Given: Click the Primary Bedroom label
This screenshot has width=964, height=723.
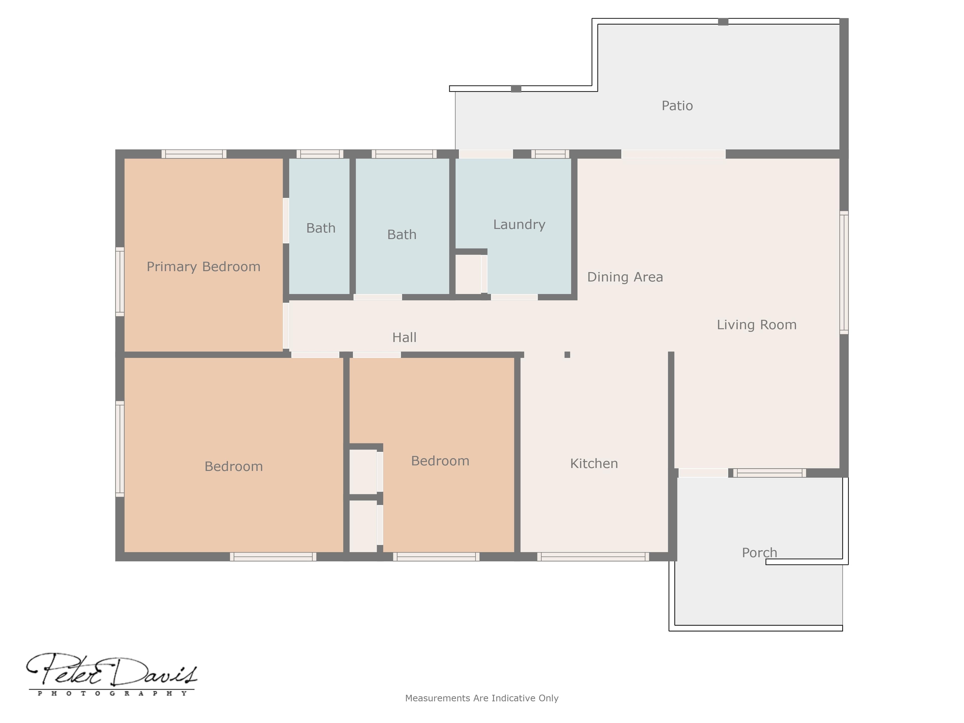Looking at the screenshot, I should [x=204, y=266].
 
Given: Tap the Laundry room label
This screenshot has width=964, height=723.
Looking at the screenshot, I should [x=519, y=224].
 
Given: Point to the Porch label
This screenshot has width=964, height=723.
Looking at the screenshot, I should [x=759, y=553].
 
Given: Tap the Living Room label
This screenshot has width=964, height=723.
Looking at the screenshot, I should [x=757, y=325].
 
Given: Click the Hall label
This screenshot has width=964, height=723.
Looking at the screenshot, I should [x=404, y=337].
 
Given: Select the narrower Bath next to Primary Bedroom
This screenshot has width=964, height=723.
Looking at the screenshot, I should [x=321, y=228].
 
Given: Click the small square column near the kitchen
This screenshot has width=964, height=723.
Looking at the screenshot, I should [x=567, y=355].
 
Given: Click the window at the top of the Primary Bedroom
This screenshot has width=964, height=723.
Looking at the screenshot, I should [x=194, y=154].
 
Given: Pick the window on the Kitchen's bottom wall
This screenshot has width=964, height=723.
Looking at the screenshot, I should [x=593, y=557].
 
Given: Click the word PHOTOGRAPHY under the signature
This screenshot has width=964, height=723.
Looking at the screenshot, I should [x=112, y=693].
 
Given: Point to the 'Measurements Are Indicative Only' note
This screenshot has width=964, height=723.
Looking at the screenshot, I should [x=481, y=698].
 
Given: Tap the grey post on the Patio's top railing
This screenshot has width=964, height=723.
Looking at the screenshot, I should [x=723, y=22].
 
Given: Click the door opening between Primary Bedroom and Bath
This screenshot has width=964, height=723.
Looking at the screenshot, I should [x=286, y=220].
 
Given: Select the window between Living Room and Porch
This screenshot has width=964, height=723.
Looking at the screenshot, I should [x=769, y=473].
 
